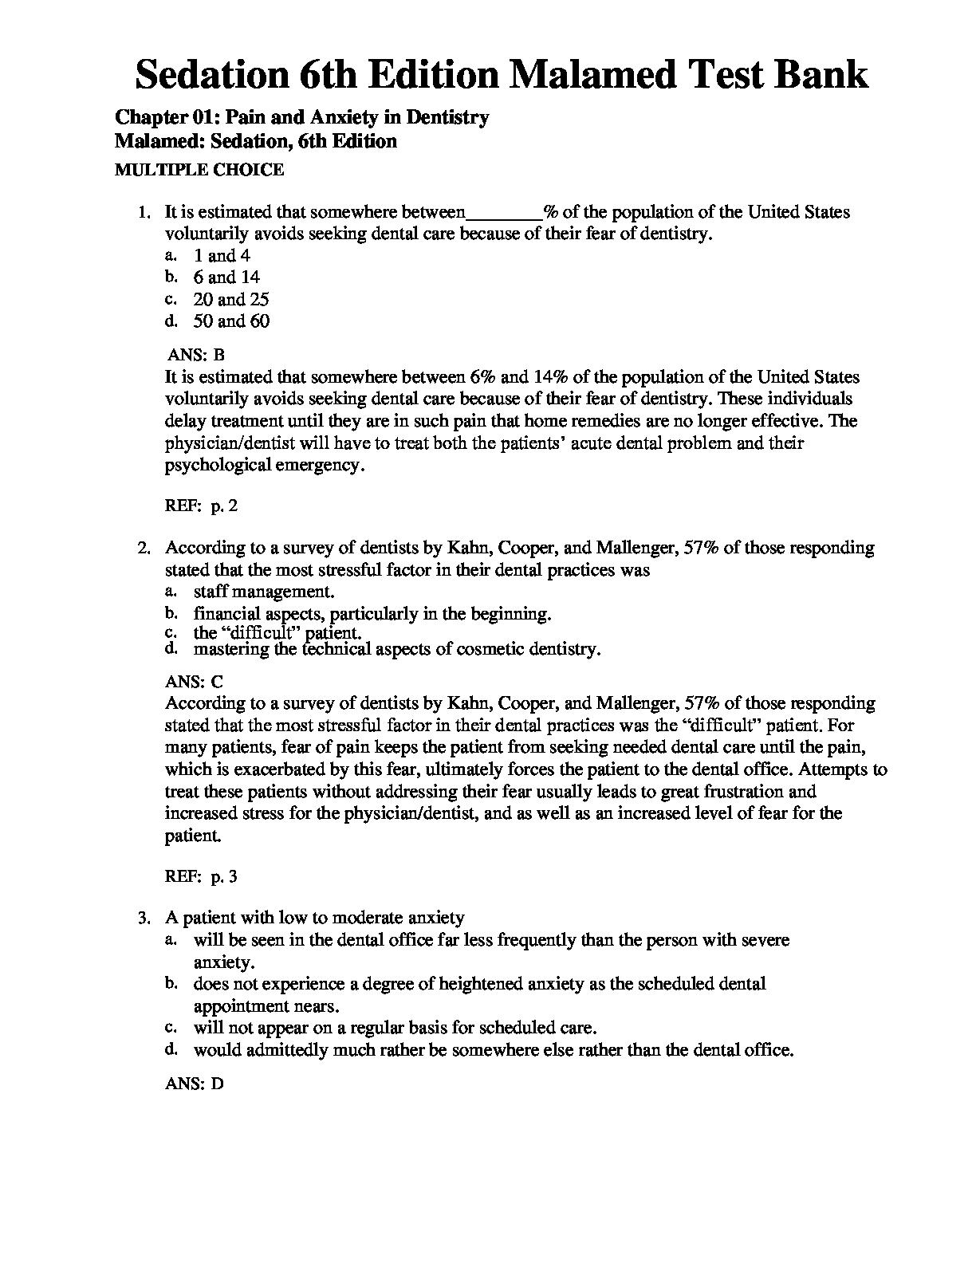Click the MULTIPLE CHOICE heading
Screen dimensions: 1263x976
pos(199,169)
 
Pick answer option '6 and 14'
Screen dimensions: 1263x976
pos(226,277)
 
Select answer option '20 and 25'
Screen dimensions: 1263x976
pos(231,300)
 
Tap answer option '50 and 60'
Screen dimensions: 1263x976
pos(231,321)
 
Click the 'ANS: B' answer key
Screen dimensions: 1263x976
pos(196,356)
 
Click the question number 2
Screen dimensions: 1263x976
pos(144,548)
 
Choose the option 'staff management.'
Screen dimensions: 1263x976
pos(264,592)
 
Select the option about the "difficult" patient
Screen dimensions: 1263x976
pos(277,633)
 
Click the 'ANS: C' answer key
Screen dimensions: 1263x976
pos(194,682)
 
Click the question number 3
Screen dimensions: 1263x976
pos(144,919)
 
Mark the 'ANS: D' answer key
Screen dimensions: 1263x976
pos(194,1084)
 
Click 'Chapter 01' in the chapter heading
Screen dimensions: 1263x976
pos(165,117)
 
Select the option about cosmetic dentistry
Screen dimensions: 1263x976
pos(397,649)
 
